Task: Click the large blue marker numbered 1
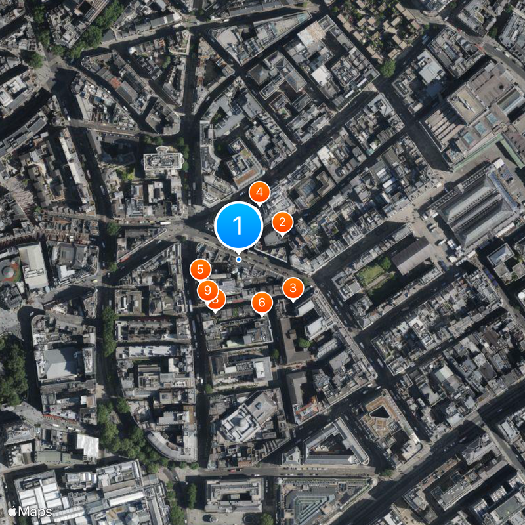click(238, 225)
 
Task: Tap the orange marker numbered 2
click(282, 222)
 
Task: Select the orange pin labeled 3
click(293, 287)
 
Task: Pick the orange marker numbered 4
click(260, 192)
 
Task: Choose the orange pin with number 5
click(200, 268)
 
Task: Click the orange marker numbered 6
click(262, 302)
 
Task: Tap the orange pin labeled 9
click(207, 289)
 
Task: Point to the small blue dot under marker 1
click(238, 259)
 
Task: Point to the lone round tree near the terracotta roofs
click(388, 68)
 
